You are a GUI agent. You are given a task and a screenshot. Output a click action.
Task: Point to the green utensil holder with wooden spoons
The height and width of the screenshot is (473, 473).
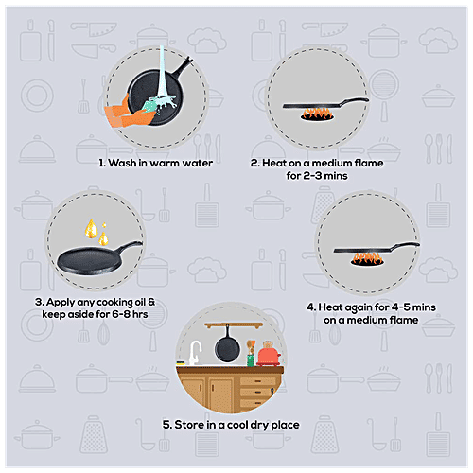252,356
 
